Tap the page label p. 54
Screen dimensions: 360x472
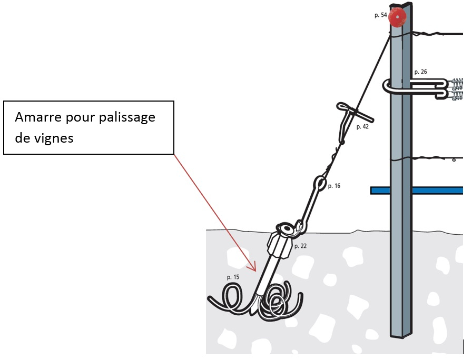pyautogui.click(x=380, y=15)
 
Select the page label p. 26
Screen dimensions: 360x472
pyautogui.click(x=420, y=72)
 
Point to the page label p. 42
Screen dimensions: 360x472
pyautogui.click(x=362, y=127)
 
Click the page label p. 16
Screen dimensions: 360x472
pyautogui.click(x=334, y=186)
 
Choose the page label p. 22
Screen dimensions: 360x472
pyautogui.click(x=300, y=246)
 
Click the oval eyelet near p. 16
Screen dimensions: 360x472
pyautogui.click(x=320, y=183)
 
